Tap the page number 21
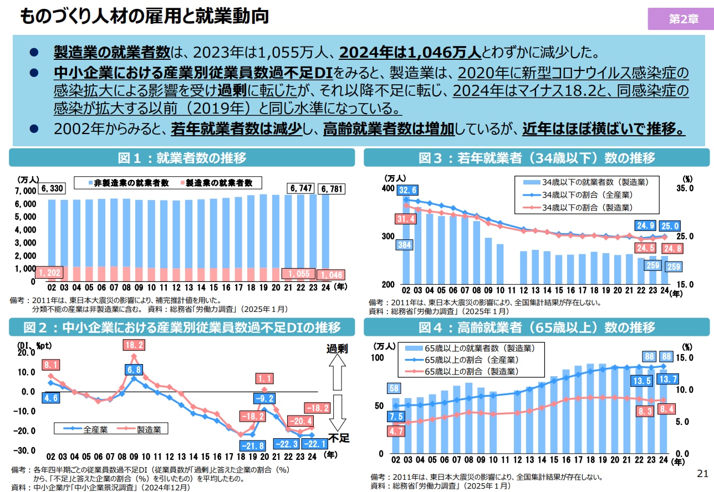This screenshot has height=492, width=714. [x=702, y=474]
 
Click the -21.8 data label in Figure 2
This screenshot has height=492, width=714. [x=252, y=445]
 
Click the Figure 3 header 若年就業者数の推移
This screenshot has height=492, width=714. [x=537, y=157]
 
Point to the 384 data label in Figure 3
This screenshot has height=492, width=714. [x=405, y=244]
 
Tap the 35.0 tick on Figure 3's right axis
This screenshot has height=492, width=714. [x=685, y=189]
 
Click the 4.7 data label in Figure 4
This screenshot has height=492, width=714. [x=396, y=430]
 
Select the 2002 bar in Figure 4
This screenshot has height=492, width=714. [x=396, y=425]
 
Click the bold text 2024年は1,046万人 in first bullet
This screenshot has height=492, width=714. [x=410, y=52]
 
